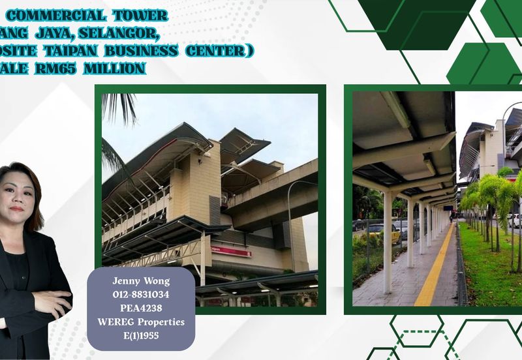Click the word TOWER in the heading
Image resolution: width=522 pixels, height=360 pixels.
[x=140, y=16]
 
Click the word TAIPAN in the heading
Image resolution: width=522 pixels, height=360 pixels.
[x=69, y=50]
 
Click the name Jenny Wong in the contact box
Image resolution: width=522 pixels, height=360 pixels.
[x=141, y=280]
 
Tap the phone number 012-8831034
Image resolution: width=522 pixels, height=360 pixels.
[x=141, y=294]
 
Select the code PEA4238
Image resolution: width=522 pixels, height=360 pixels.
[x=141, y=308]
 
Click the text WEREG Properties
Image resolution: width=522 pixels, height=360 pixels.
[x=141, y=322]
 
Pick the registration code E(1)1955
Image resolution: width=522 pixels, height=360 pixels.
[x=141, y=335]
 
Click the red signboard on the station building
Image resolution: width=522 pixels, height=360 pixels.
[x=231, y=251]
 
